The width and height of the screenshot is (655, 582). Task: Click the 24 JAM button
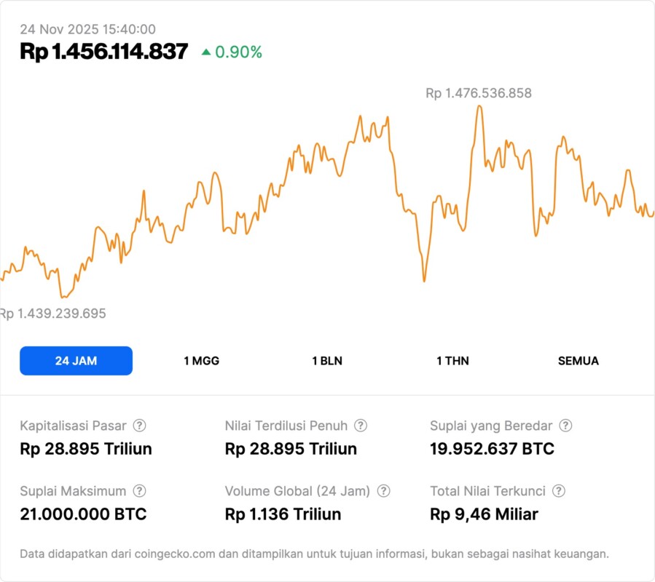tap(76, 361)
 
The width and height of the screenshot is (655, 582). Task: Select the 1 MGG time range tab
tap(201, 361)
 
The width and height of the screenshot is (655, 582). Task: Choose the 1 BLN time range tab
tap(327, 361)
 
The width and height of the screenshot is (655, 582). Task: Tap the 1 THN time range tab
tap(452, 361)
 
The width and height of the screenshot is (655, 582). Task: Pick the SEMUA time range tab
tap(578, 361)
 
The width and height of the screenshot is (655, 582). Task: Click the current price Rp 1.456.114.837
tap(103, 52)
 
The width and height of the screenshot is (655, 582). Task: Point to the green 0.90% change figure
tap(238, 52)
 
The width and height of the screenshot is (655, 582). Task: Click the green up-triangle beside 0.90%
tap(206, 52)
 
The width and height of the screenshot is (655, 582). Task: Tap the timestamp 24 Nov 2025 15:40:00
tap(87, 29)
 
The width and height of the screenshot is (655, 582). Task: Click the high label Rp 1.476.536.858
tap(479, 93)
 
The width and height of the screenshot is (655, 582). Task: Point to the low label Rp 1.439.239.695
tap(53, 314)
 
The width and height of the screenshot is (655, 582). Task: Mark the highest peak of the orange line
tap(479, 106)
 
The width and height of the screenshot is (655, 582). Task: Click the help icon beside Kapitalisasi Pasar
tap(139, 426)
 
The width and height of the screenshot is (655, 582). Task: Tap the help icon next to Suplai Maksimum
tap(139, 491)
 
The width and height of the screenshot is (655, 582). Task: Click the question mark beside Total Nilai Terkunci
tap(559, 491)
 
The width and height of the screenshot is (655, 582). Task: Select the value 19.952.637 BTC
tap(492, 449)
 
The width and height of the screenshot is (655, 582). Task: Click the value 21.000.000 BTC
tap(83, 514)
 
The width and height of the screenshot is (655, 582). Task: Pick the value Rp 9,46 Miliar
tap(484, 514)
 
